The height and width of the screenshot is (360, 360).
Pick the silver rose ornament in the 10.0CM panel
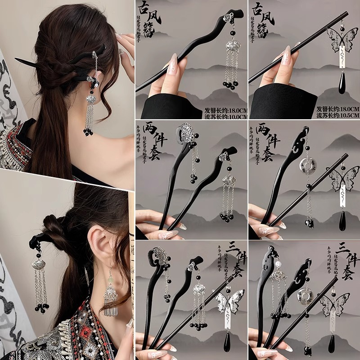(228, 18)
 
